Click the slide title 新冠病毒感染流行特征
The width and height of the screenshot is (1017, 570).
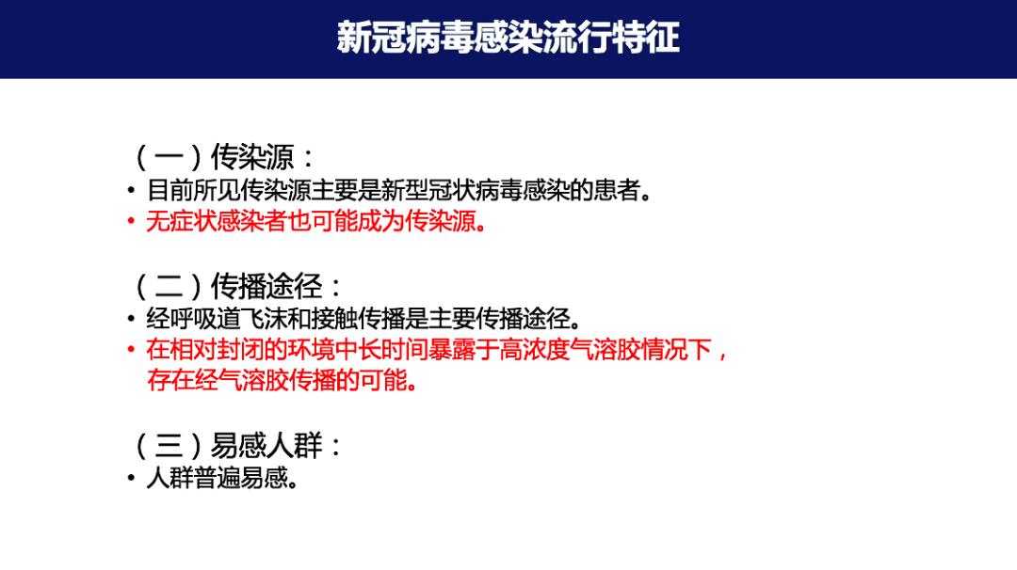[x=508, y=38]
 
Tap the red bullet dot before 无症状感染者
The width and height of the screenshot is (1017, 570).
[x=132, y=224]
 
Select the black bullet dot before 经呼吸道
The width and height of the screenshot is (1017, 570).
[x=132, y=319]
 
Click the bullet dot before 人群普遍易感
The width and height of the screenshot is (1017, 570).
[x=132, y=479]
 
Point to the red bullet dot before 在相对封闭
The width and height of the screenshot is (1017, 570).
[x=132, y=351]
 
